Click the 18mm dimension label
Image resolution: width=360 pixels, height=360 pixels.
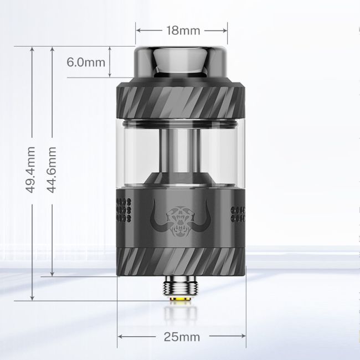pos(182,30)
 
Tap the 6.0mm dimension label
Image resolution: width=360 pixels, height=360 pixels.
pos(86,61)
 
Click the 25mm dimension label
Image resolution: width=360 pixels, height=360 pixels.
pos(182,337)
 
